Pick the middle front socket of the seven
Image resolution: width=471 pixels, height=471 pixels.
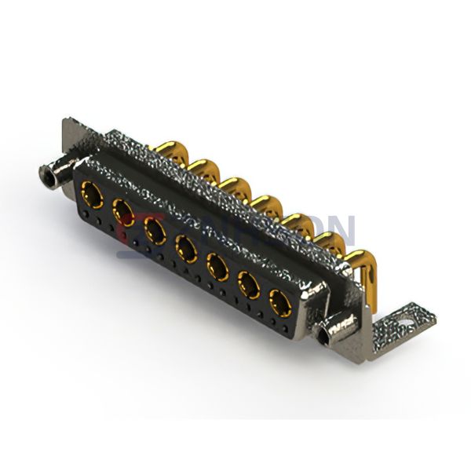(x=185, y=248)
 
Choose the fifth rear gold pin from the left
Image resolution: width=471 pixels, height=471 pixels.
(x=294, y=220)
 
